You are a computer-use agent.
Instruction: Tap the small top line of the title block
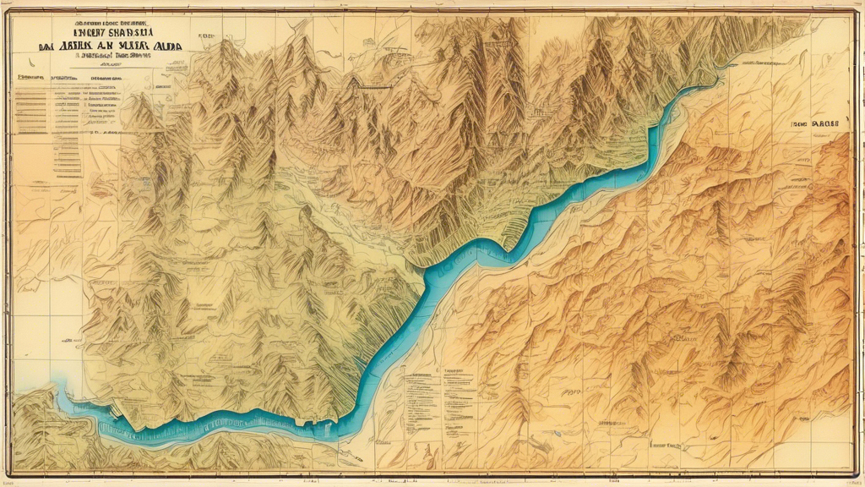[99, 14]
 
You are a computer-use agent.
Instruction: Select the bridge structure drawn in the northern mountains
[372, 85]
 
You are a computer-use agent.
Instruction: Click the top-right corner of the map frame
[856, 10]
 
